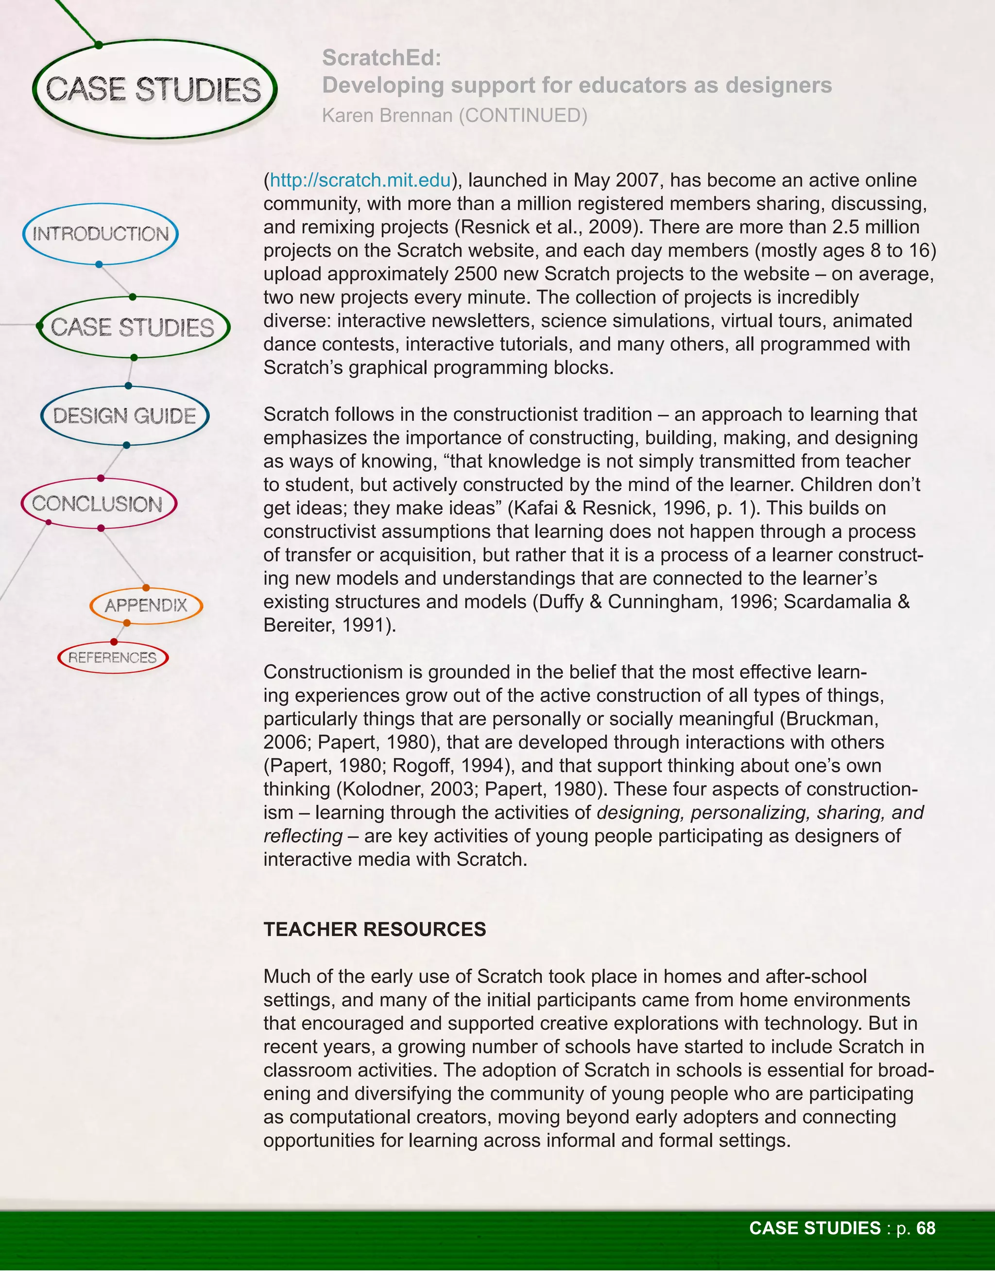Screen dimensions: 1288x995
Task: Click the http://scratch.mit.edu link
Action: tap(360, 180)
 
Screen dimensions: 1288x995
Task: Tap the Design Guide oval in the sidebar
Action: tap(124, 416)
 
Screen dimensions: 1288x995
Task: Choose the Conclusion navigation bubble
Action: tap(98, 504)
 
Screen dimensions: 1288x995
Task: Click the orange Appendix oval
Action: tap(146, 605)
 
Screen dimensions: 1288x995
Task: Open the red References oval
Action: tap(113, 658)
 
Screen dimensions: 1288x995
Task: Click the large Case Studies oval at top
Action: tap(153, 89)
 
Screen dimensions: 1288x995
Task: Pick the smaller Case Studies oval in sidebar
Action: tap(133, 327)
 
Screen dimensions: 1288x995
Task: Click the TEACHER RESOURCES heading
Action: tap(374, 929)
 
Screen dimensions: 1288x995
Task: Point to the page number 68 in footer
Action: tap(926, 1228)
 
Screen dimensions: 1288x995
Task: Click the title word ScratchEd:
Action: tap(381, 58)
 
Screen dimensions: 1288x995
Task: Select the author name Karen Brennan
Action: tap(387, 116)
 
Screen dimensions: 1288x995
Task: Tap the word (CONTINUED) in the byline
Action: tap(523, 116)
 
